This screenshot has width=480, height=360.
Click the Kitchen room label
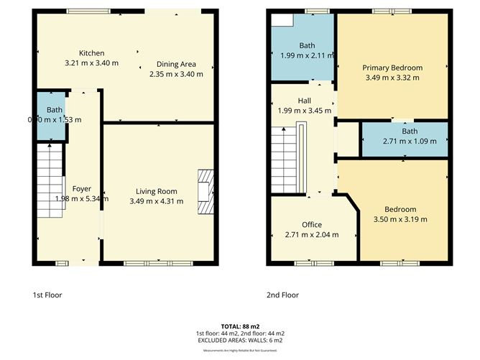pyautogui.click(x=92, y=53)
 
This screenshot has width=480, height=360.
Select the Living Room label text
pyautogui.click(x=157, y=191)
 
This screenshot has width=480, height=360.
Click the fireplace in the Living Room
pyautogui.click(x=206, y=191)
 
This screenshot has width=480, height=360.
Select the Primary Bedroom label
pyautogui.click(x=392, y=68)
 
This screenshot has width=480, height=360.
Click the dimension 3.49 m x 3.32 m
pyautogui.click(x=392, y=78)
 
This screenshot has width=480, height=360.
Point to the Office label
pyautogui.click(x=312, y=225)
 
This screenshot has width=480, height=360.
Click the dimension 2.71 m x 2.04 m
pyautogui.click(x=312, y=235)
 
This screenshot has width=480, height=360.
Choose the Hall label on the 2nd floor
pyautogui.click(x=304, y=101)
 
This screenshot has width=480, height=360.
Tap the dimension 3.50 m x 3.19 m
pyautogui.click(x=400, y=219)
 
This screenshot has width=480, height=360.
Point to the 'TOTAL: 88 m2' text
pyautogui.click(x=240, y=326)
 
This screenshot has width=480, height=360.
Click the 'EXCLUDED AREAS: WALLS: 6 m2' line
pyautogui.click(x=240, y=341)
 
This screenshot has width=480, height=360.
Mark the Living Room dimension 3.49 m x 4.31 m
pyautogui.click(x=157, y=201)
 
